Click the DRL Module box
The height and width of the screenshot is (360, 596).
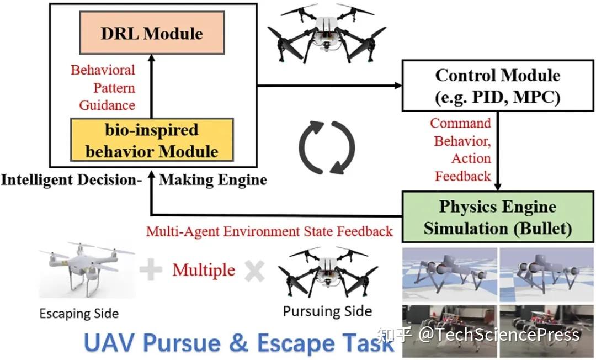click(151, 34)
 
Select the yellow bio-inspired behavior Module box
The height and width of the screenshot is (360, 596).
click(151, 140)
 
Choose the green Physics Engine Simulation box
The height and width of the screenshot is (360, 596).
click(497, 217)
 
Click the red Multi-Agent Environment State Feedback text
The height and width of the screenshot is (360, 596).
click(269, 231)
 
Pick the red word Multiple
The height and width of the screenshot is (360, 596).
click(204, 270)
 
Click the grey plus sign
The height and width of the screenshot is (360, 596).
click(150, 270)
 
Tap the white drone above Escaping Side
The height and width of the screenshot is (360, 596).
click(86, 270)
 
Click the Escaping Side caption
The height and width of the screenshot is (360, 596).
click(79, 314)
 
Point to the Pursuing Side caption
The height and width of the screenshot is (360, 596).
click(327, 311)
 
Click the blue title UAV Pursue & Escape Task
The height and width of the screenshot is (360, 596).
click(238, 342)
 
